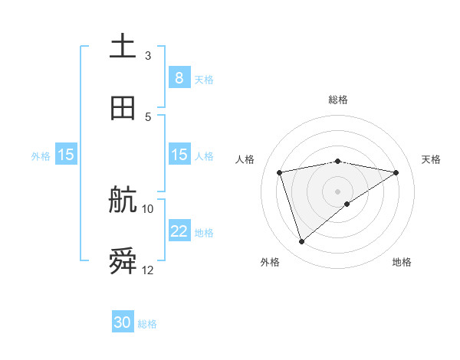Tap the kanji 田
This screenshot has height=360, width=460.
tap(123, 108)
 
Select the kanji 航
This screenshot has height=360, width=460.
tap(123, 201)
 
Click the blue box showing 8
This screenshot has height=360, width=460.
tap(179, 78)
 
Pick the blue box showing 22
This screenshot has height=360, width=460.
tap(179, 231)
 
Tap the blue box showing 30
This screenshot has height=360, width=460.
tap(123, 322)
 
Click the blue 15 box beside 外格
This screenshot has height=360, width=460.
tap(66, 155)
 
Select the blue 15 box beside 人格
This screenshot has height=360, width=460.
tap(179, 155)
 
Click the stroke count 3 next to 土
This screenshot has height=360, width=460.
tap(148, 55)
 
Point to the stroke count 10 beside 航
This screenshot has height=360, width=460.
tap(148, 208)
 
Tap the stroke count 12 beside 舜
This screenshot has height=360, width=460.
tap(148, 270)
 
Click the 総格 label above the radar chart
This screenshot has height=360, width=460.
tap(338, 100)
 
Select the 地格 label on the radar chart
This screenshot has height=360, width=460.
tap(402, 262)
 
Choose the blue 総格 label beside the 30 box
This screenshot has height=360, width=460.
tap(147, 323)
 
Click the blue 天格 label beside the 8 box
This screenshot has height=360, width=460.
tap(204, 79)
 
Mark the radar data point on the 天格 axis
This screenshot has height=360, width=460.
tap(396, 172)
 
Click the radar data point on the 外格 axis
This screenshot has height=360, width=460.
tap(301, 242)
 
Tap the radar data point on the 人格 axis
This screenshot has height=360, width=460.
tap(280, 172)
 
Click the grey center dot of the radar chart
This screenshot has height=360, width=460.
tap(338, 191)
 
